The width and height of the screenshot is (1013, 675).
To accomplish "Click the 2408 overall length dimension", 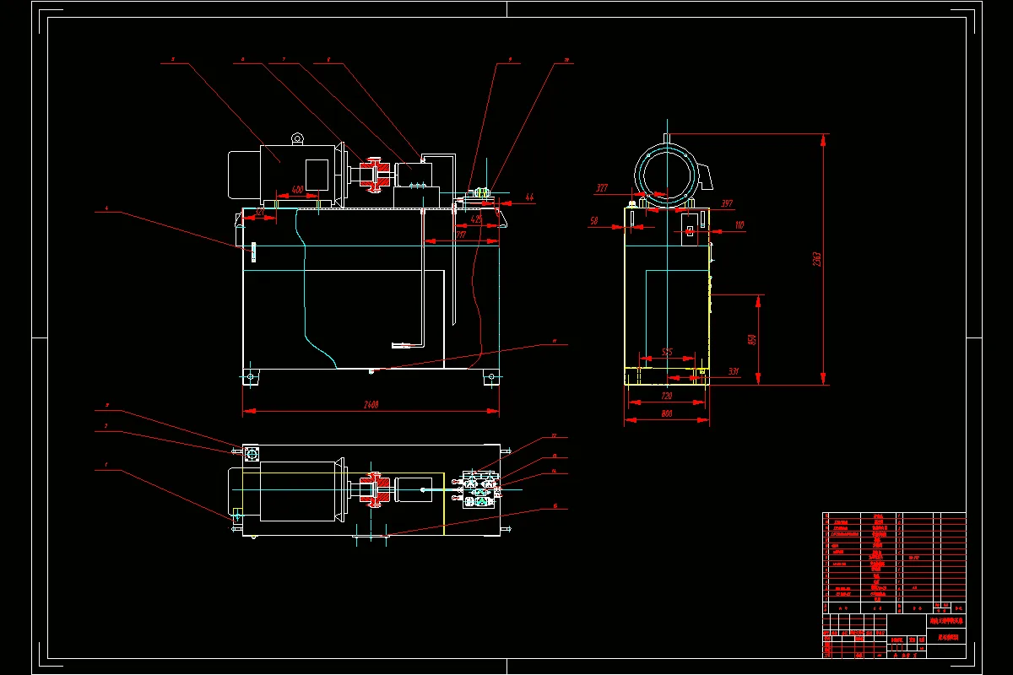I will (x=370, y=405).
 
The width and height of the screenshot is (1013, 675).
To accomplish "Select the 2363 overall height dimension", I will (x=816, y=259).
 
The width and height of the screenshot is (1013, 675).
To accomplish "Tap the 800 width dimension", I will (x=666, y=414).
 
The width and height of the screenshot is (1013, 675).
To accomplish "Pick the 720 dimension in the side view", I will (x=666, y=396).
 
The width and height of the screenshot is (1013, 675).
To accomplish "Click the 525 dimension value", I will (x=666, y=352).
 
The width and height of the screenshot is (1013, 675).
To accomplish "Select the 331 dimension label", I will (x=733, y=371).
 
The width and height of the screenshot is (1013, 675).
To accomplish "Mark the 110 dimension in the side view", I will (x=739, y=225).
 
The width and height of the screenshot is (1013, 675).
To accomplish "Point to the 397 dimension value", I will (x=726, y=203).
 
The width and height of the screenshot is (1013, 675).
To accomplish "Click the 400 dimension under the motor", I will (x=297, y=189).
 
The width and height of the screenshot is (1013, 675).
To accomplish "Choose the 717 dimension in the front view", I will (x=460, y=235).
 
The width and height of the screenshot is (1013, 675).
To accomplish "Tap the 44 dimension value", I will (x=529, y=197).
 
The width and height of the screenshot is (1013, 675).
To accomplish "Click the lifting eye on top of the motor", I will (x=297, y=138).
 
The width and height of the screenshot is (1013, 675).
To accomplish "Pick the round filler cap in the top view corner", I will (x=251, y=454).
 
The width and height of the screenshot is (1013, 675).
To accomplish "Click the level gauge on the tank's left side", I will (x=252, y=252).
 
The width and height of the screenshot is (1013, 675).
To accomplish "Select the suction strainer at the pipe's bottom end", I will (x=401, y=344).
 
